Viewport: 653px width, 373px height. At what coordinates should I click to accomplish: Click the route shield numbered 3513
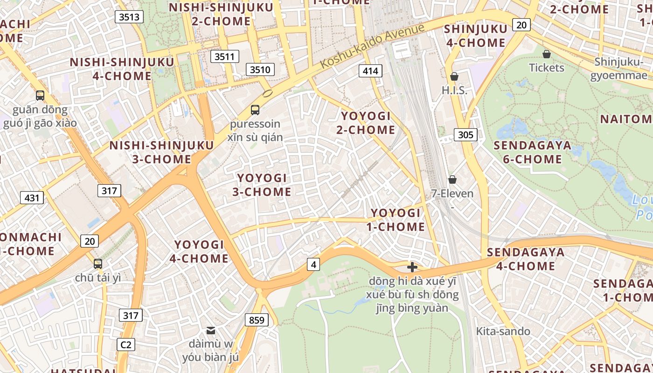129,17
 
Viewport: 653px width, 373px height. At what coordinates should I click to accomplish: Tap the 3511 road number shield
224,57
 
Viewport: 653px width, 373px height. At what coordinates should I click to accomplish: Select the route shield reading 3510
260,70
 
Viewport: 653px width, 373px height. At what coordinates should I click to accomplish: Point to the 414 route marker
370,71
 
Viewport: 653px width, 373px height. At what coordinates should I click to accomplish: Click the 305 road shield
465,135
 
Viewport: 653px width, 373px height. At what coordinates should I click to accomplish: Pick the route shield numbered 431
32,198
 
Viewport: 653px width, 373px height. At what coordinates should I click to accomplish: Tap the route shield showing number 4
313,265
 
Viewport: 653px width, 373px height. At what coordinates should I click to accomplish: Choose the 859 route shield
257,320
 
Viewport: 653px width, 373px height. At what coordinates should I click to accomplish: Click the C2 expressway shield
125,345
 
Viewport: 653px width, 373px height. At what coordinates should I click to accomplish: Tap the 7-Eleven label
452,193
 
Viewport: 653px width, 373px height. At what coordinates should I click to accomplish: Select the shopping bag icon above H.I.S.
454,76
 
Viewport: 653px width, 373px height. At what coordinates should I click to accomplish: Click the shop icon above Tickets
547,54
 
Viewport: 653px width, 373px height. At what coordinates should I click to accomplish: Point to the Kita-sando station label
503,332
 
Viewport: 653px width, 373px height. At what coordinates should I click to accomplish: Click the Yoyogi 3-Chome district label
262,185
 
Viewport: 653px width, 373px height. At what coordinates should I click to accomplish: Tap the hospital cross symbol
412,267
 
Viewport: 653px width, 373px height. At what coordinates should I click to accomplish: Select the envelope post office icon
211,331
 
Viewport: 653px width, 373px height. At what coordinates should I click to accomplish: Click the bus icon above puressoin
255,110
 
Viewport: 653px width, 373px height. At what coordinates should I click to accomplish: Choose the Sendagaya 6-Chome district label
532,152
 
